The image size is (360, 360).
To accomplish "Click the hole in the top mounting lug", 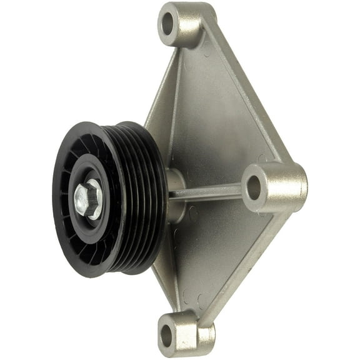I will [167, 26].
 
